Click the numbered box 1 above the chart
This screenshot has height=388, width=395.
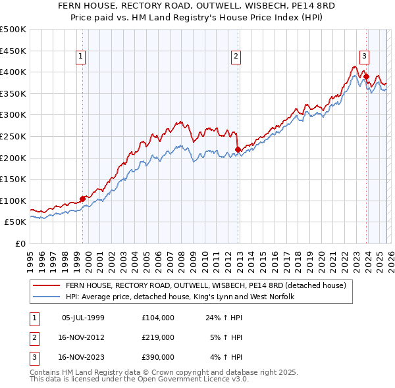(x=80, y=57)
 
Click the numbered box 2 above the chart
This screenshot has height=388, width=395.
(x=235, y=57)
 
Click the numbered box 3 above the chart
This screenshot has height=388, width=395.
(x=363, y=57)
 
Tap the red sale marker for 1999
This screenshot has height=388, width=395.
(x=82, y=199)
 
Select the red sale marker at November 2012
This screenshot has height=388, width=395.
(x=237, y=150)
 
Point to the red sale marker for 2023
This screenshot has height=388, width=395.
(x=366, y=76)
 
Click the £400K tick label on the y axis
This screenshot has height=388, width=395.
(x=13, y=72)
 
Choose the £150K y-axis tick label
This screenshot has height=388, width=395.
(x=13, y=179)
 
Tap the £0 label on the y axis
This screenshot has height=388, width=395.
(x=20, y=243)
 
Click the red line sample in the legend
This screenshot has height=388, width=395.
(x=47, y=285)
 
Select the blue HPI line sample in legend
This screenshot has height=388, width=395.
(x=47, y=297)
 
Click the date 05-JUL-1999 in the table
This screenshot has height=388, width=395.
(x=83, y=318)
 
